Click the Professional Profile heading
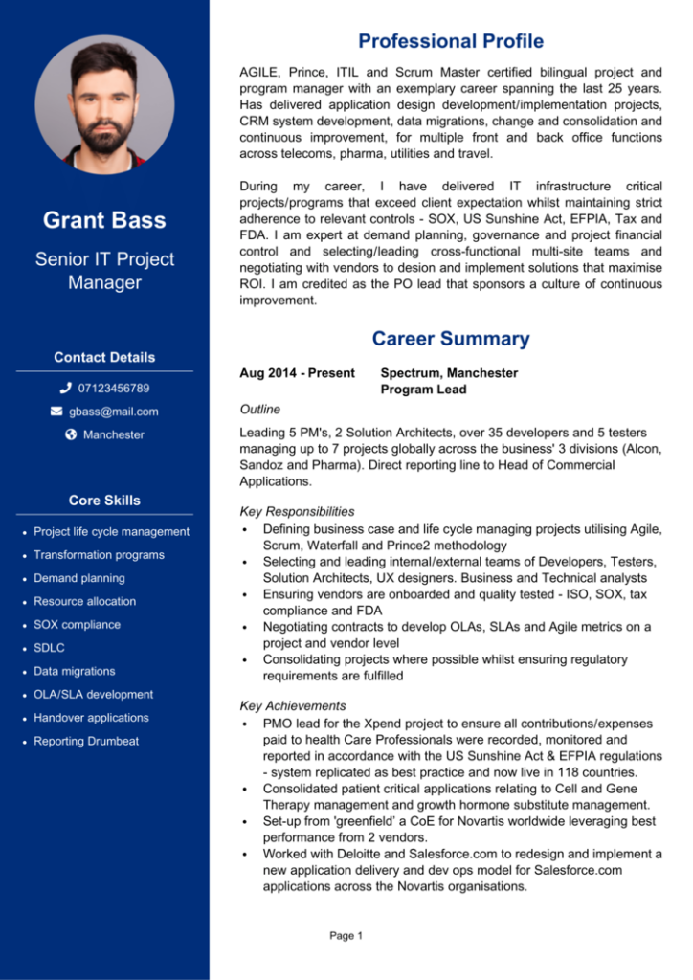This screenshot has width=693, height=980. pyautogui.click(x=450, y=41)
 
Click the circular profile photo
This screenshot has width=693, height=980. pyautogui.click(x=104, y=104)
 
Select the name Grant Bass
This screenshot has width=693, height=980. pyautogui.click(x=104, y=220)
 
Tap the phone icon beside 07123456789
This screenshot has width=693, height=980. pyautogui.click(x=65, y=389)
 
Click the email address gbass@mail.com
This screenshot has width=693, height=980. pyautogui.click(x=113, y=412)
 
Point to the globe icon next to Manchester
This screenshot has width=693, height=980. pyautogui.click(x=71, y=434)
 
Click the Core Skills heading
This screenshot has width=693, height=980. pyautogui.click(x=104, y=501)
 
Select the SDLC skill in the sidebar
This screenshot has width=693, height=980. pyautogui.click(x=49, y=648)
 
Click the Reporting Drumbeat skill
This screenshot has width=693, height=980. pyautogui.click(x=85, y=742)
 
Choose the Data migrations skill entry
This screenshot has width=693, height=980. pyautogui.click(x=74, y=671)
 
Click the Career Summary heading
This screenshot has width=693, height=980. pyautogui.click(x=450, y=339)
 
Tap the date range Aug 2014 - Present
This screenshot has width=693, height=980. pyautogui.click(x=297, y=373)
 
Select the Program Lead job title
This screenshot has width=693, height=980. pyautogui.click(x=423, y=390)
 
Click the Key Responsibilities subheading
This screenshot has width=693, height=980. pyautogui.click(x=297, y=512)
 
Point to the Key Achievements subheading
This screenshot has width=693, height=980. pyautogui.click(x=292, y=706)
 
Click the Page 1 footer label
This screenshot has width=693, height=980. pyautogui.click(x=346, y=936)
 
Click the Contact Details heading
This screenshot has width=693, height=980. pyautogui.click(x=104, y=357)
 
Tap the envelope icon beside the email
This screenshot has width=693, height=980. pyautogui.click(x=56, y=412)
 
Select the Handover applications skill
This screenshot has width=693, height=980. pyautogui.click(x=91, y=718)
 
